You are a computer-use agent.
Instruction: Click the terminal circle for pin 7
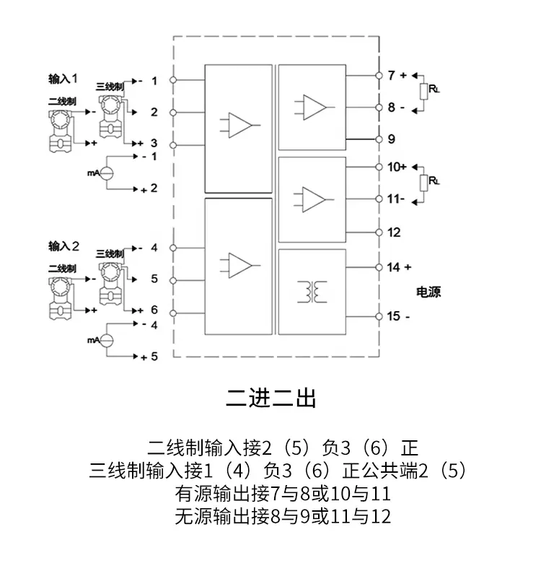379,75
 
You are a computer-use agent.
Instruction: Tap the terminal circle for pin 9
379,139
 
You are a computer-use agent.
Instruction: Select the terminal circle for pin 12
379,232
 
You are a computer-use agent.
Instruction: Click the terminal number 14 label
393,267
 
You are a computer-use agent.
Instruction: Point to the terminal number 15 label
393,316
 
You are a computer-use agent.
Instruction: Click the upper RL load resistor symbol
424,92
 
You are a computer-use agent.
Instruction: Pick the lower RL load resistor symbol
424,183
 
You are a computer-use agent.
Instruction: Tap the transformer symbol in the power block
312,292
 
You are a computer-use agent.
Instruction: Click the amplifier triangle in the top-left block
240,126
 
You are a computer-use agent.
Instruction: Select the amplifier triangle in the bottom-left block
240,265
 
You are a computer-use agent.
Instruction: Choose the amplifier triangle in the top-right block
315,108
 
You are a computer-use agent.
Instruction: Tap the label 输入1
63,79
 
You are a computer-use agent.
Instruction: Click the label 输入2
64,245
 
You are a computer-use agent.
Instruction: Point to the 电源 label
428,292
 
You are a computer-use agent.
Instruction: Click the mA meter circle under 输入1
107,173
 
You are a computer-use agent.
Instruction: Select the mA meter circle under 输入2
107,340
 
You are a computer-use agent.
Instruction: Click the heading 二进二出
271,398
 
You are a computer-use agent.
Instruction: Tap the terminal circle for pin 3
173,145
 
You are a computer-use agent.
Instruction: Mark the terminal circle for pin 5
173,280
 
